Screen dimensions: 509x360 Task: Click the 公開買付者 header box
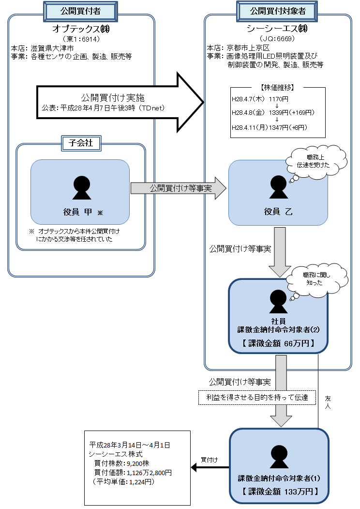coord(81,10)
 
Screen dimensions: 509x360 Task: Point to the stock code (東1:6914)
coord(81,39)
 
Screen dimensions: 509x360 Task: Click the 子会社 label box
coord(81,143)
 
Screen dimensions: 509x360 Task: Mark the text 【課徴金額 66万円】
coord(278,343)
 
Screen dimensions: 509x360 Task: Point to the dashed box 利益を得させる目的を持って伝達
coord(256,398)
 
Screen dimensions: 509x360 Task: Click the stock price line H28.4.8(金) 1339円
coord(274,113)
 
